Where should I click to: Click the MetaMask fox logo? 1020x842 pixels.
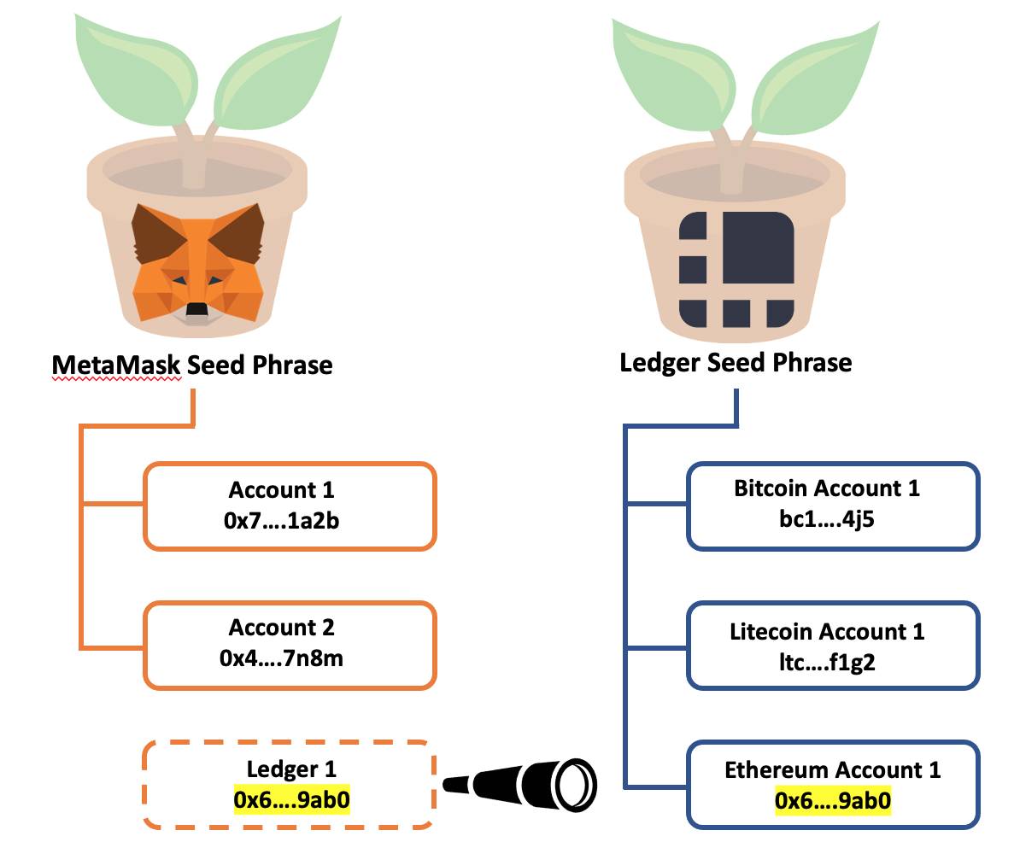(x=196, y=264)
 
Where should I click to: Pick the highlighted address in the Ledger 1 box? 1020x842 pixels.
(x=291, y=800)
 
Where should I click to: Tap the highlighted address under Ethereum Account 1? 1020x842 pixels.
(x=832, y=801)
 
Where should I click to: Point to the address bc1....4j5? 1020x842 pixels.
(x=826, y=518)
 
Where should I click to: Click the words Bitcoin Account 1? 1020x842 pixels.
(x=826, y=489)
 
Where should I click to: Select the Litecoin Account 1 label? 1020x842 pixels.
(x=826, y=632)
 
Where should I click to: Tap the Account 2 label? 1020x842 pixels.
(x=281, y=629)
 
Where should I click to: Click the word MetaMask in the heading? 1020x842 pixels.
(x=116, y=365)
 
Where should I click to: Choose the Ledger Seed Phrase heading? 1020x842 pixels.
(x=736, y=362)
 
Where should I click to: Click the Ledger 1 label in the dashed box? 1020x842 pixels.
(x=290, y=769)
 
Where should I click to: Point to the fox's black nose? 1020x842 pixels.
(x=196, y=309)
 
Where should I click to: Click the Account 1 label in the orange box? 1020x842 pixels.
(x=281, y=490)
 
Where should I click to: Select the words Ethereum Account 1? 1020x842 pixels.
(x=832, y=770)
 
